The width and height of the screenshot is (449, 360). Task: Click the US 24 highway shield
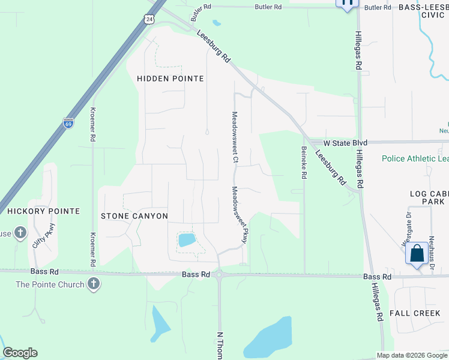(x=148, y=19)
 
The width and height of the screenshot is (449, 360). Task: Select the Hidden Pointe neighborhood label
(x=170, y=79)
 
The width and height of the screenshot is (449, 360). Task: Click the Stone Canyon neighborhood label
(x=134, y=216)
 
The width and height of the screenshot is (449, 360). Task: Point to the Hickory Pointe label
(x=43, y=211)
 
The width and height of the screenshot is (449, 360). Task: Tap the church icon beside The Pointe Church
(x=93, y=284)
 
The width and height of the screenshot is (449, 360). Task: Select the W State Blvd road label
(x=345, y=143)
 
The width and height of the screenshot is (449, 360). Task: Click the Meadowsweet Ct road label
(x=235, y=137)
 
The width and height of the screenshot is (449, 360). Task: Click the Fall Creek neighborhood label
(x=419, y=313)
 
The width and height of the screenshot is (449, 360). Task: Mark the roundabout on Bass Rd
(x=219, y=275)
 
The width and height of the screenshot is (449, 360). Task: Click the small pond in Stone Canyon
(x=187, y=240)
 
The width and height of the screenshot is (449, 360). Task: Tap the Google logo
(x=20, y=353)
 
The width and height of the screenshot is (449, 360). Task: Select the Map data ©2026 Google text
(x=412, y=355)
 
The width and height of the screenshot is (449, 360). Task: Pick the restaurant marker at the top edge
(x=347, y=4)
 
